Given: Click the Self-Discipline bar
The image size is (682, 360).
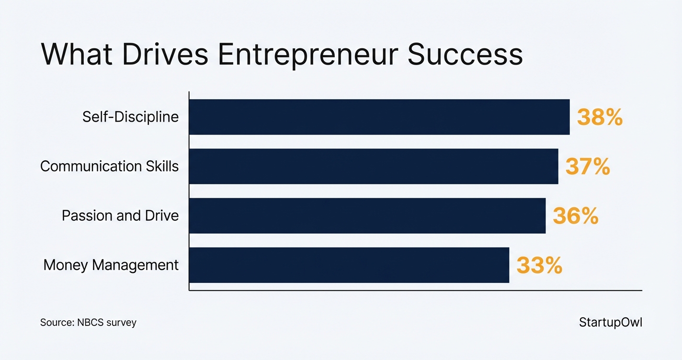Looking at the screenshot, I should coord(379,117).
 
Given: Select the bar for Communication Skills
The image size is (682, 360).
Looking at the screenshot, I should coord(374,166).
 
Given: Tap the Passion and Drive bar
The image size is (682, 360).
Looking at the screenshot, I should coord(367,216).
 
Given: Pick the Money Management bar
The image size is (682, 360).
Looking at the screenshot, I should coord(349,265).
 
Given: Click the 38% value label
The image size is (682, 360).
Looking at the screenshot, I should coord(600,117).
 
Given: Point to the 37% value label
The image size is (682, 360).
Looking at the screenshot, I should coord(588,167).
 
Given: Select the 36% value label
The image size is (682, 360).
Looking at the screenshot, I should coord(575,216).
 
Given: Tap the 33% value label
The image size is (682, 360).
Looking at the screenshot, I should coord(539,266).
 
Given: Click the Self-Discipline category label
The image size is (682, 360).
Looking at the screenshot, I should coord(130,117).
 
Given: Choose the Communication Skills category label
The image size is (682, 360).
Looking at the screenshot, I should coord(109,166).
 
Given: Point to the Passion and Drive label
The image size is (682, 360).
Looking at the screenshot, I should coord(120,216).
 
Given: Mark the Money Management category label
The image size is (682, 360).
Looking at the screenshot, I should coord(111,265).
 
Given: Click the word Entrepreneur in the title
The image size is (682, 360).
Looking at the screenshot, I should coord(307,55).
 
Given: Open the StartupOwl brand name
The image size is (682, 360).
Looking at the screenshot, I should coord(611,322).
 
